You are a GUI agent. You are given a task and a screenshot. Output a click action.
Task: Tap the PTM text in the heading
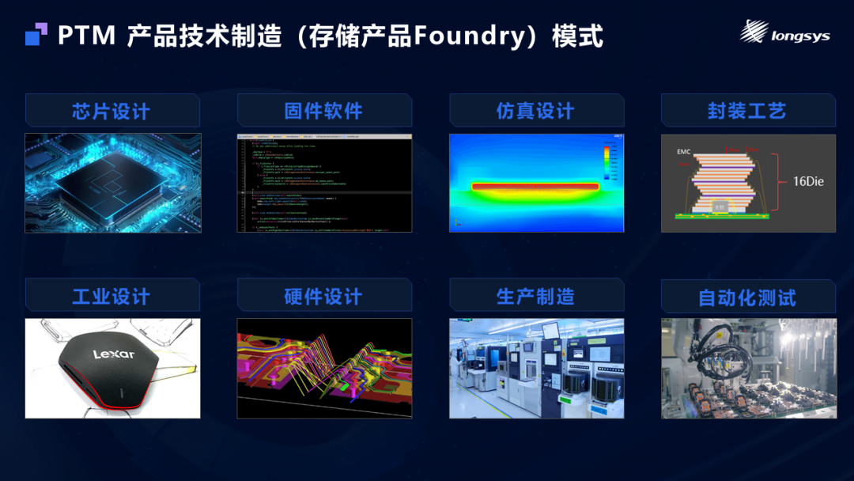pyautogui.click(x=87, y=36)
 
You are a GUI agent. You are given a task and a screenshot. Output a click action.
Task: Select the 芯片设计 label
pyautogui.click(x=111, y=111)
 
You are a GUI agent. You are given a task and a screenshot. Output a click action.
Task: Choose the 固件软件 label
pyautogui.click(x=323, y=111)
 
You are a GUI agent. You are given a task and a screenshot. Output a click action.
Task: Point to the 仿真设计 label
pyautogui.click(x=535, y=111)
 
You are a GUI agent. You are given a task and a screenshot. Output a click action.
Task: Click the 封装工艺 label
pyautogui.click(x=747, y=111)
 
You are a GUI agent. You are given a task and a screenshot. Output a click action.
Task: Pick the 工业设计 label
pyautogui.click(x=111, y=297)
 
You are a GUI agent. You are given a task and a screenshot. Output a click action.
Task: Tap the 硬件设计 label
pyautogui.click(x=323, y=297)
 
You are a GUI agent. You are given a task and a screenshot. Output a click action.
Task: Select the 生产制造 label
pyautogui.click(x=535, y=297)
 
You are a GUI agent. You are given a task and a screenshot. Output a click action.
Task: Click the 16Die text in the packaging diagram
pyautogui.click(x=808, y=181)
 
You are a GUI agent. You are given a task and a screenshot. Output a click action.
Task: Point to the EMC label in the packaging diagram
pyautogui.click(x=684, y=151)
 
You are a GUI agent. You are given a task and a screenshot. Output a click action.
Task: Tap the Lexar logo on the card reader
pyautogui.click(x=114, y=354)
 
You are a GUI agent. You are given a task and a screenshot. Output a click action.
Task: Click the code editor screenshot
pyautogui.click(x=324, y=183)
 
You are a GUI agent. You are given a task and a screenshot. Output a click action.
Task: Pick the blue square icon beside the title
pyautogui.click(x=36, y=36)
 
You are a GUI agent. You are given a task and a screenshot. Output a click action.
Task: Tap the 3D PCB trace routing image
pyautogui.click(x=324, y=368)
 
